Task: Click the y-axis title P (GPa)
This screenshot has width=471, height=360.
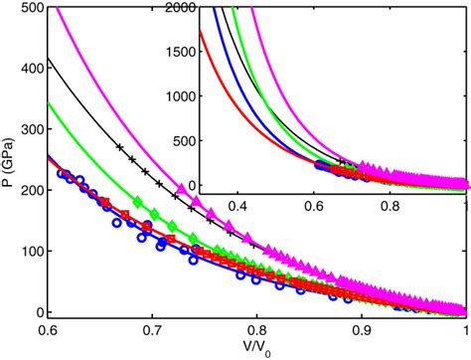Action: [10, 160]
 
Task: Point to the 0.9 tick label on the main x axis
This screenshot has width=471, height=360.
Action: [362, 328]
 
